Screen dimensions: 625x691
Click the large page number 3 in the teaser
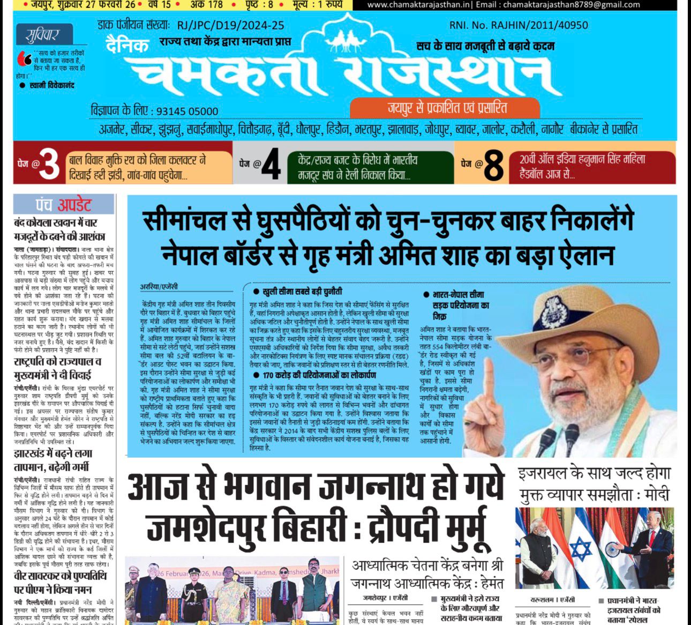tap(49, 165)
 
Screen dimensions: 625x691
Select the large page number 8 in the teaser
tap(493, 165)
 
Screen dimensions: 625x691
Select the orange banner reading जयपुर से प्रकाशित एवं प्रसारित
tap(445, 108)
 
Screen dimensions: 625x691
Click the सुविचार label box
tap(42, 35)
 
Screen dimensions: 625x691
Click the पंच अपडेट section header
tap(64, 204)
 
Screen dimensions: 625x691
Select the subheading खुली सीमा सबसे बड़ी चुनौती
tap(302, 292)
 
